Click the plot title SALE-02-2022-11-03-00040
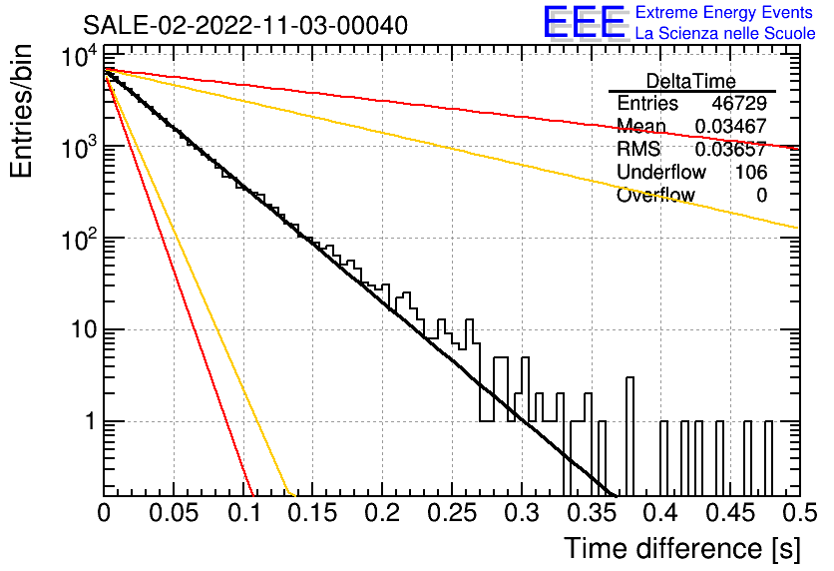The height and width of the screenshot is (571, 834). (x=245, y=25)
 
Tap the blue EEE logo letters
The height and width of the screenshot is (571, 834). (x=585, y=22)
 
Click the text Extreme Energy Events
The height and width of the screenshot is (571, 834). (x=724, y=12)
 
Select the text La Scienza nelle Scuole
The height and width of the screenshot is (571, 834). (x=725, y=33)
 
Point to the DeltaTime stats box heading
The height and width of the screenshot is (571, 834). (x=691, y=81)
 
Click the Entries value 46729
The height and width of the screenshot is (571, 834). (x=739, y=103)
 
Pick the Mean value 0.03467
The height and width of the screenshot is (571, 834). (x=731, y=126)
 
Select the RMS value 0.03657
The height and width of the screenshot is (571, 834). (x=731, y=149)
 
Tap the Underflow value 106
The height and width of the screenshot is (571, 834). (x=751, y=172)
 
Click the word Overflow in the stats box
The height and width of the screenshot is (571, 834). (x=655, y=195)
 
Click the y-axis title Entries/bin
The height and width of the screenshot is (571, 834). (x=21, y=112)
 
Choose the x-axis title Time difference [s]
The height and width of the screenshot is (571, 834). (x=682, y=548)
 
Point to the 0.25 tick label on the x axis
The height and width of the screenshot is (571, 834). (x=452, y=513)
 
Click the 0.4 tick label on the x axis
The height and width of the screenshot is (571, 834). (x=661, y=513)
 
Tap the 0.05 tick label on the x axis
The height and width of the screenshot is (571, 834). (x=174, y=513)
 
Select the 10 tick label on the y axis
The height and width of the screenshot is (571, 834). (x=85, y=330)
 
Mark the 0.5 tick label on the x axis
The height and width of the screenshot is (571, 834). (x=800, y=513)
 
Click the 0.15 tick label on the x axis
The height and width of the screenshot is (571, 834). (x=313, y=513)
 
